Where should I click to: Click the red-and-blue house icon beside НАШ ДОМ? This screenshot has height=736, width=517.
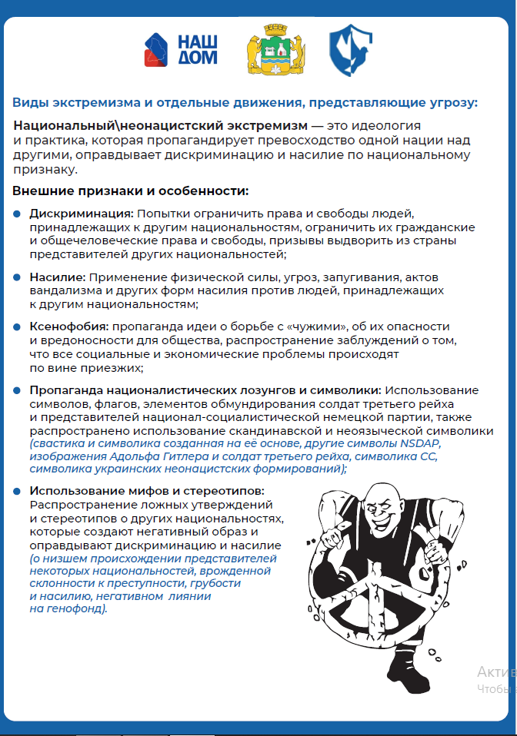click(158, 48)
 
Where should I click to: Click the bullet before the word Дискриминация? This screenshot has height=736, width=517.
click(18, 213)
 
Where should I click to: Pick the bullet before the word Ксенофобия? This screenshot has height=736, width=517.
click(18, 327)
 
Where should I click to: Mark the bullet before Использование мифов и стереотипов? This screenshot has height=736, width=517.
click(18, 490)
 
